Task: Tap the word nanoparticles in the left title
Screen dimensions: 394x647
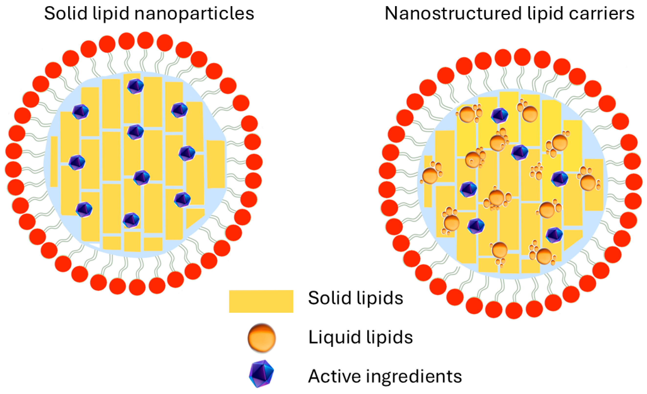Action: [x=194, y=14]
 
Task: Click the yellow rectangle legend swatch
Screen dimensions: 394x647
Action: [x=261, y=301]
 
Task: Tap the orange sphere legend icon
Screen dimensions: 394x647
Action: [x=261, y=338]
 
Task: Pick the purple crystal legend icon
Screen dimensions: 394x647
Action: [x=261, y=373]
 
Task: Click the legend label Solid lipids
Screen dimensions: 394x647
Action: [x=355, y=298]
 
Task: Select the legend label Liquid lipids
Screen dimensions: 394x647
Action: [x=360, y=337]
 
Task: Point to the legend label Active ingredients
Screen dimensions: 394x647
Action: [x=385, y=376]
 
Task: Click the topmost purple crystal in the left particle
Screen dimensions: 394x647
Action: [x=135, y=86]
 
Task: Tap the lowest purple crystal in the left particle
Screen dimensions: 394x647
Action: [x=131, y=220]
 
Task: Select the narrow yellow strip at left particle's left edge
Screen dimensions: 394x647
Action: [x=54, y=161]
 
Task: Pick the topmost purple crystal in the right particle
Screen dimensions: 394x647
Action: [x=499, y=115]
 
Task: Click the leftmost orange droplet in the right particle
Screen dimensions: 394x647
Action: [x=430, y=175]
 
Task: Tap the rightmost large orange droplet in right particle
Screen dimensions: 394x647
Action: [x=588, y=182]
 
